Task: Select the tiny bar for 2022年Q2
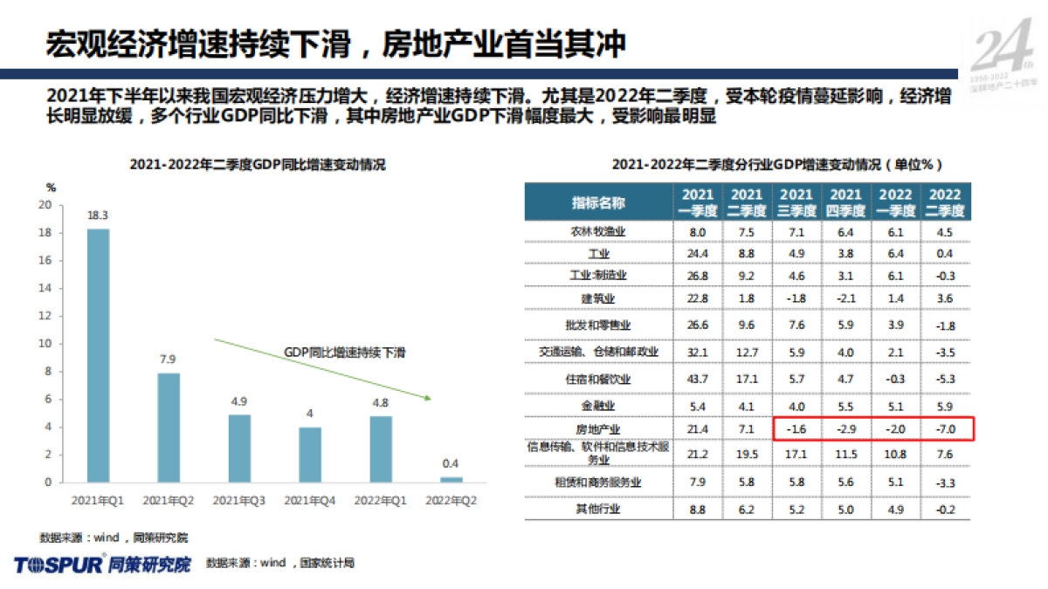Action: [452, 479]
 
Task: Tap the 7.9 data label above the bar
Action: [169, 360]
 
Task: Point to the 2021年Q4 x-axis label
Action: [310, 500]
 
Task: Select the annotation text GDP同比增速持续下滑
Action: [345, 353]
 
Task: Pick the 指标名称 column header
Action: [598, 202]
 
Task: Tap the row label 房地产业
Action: [598, 429]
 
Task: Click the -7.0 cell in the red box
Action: [946, 429]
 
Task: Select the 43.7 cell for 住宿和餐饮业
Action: [698, 380]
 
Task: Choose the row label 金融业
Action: [598, 406]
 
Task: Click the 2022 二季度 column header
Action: [946, 202]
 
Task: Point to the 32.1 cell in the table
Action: [698, 352]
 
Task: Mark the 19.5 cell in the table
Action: [747, 454]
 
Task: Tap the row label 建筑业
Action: [598, 298]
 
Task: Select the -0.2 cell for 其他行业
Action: [946, 509]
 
